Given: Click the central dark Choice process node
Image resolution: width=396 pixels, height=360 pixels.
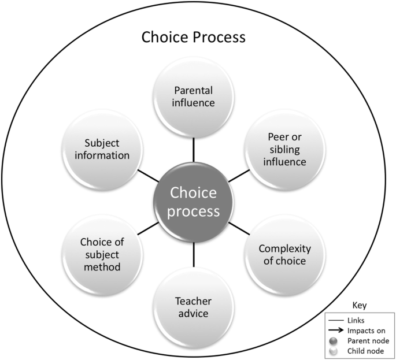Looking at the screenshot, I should click(193, 202).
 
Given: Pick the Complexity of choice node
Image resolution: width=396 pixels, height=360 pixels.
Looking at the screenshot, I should click(285, 255).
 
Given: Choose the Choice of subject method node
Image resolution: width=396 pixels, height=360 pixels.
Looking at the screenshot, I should click(102, 255).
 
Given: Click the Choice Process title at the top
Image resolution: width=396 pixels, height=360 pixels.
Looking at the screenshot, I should click(194, 37).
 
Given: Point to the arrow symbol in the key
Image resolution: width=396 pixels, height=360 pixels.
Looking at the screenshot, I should click(335, 331).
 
